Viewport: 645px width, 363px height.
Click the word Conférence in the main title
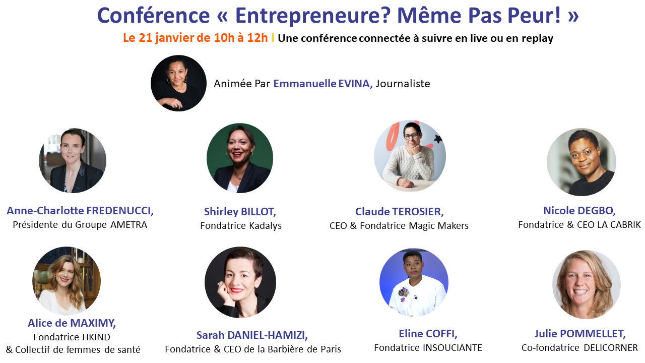154,15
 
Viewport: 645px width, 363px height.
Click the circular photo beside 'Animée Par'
178,83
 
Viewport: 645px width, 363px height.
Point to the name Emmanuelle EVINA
323,84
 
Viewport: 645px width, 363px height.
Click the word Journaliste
403,84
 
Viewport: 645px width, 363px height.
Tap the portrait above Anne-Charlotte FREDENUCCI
73,160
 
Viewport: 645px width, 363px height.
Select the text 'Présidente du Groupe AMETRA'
80,225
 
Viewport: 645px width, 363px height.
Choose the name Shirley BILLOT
240,212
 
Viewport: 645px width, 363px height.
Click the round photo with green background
240,158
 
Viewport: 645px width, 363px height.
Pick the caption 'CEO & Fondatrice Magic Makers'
399,225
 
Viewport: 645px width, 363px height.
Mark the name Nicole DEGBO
579,211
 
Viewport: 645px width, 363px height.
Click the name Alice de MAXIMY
72,323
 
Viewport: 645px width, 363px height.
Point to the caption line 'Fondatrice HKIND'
72,337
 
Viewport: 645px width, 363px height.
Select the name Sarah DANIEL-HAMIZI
252,335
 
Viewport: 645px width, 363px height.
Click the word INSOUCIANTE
453,348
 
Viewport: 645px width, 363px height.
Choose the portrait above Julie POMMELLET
586,285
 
